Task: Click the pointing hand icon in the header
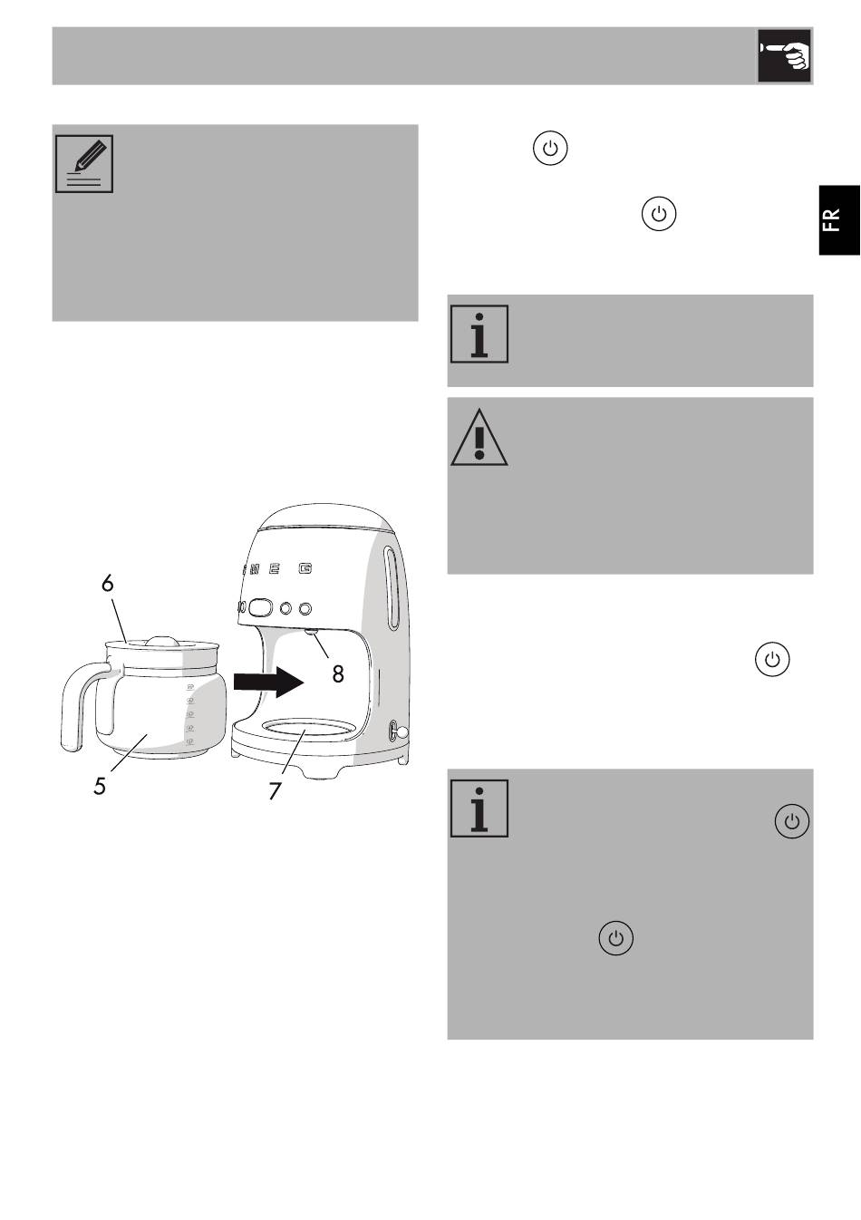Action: (x=785, y=56)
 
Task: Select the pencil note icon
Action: (x=84, y=163)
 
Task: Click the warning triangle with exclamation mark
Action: (x=479, y=437)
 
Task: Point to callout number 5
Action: (x=100, y=786)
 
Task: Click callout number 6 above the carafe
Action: (x=108, y=583)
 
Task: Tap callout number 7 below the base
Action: (x=275, y=790)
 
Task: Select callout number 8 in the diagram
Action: (x=337, y=673)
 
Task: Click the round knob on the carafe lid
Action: (x=161, y=639)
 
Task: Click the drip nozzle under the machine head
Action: (x=310, y=634)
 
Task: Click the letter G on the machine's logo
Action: (x=306, y=569)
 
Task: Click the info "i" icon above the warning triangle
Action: (x=479, y=334)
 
